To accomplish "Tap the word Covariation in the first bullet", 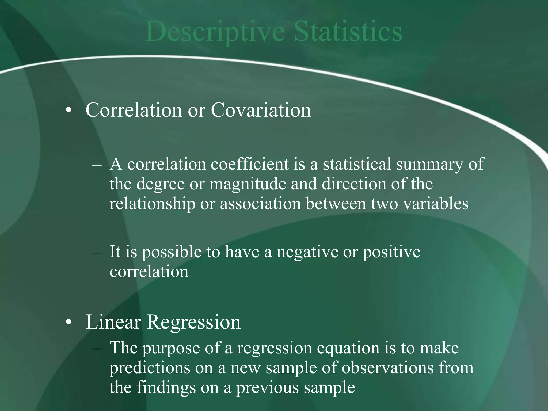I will coord(261,110).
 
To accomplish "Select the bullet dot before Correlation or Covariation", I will coord(69,111).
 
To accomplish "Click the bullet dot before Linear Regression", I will coord(69,322).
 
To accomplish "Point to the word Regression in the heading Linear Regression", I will coord(193,322).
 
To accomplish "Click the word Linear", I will coord(113,322).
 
